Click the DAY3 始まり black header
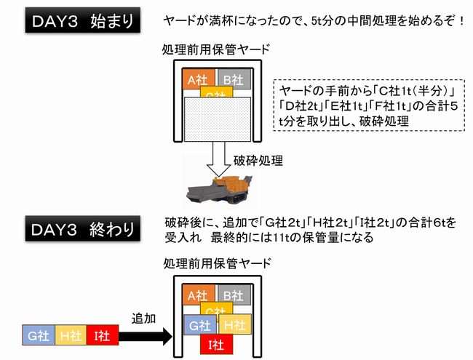click(83, 20)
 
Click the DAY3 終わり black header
click(83, 228)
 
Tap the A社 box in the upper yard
click(199, 79)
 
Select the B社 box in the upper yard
click(234, 79)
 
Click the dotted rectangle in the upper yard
click(218, 119)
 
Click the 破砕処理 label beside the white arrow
click(258, 161)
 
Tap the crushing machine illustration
click(219, 189)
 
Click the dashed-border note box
click(369, 105)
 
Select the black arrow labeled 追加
click(146, 336)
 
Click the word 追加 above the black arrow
click(143, 319)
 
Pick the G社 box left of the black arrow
click(39, 335)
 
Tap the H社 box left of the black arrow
click(71, 335)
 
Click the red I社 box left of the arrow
click(103, 335)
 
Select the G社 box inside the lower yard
click(200, 324)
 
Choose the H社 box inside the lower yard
click(235, 324)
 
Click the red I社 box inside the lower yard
click(216, 344)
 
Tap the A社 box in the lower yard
click(199, 295)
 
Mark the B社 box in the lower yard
click(234, 295)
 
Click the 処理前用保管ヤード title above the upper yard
click(216, 49)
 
